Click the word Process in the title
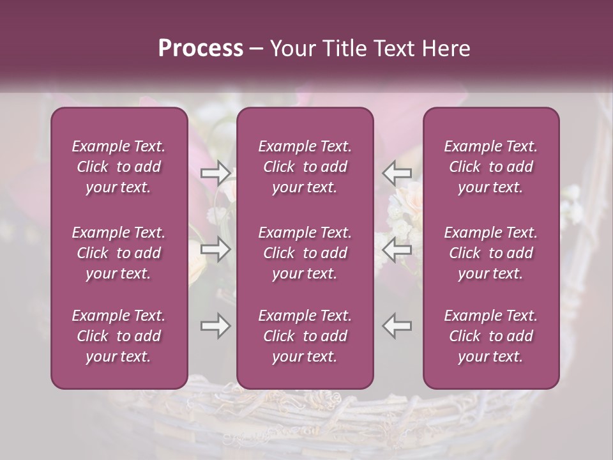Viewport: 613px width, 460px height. coord(201,49)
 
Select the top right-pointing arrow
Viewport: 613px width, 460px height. coord(216,172)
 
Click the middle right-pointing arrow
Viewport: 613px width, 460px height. coord(216,249)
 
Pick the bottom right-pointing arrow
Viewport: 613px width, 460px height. coord(216,326)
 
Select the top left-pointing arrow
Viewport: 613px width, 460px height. coord(397,172)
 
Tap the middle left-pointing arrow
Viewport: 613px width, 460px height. coord(397,249)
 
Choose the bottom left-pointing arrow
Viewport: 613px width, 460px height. coord(397,326)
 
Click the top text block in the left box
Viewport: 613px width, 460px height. coord(119,167)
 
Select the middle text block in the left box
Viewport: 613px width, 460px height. coord(119,253)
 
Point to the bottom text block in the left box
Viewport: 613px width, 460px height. coord(119,336)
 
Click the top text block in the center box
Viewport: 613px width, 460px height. coord(305,167)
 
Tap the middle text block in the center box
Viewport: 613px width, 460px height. coord(305,253)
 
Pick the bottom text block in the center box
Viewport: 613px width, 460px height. coord(305,336)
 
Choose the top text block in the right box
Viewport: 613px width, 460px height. coord(491,167)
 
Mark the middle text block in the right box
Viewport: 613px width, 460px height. coord(491,253)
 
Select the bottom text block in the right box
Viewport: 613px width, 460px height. coord(491,336)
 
